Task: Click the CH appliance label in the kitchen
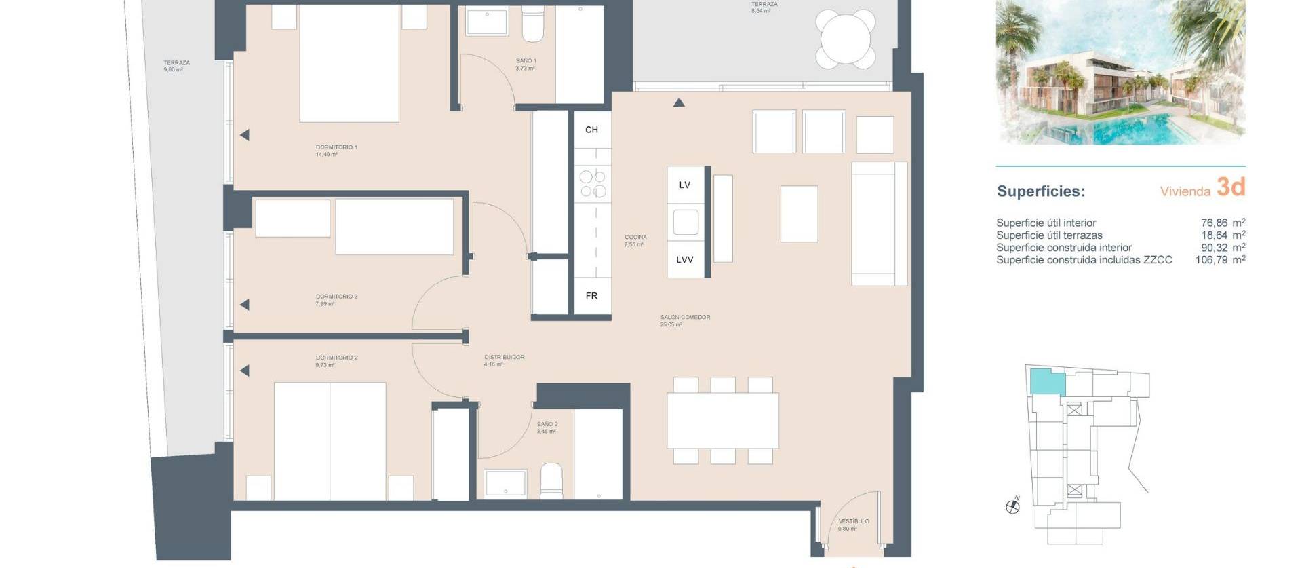pos(591,130)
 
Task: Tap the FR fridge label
pos(591,296)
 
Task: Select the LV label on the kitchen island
pos(684,185)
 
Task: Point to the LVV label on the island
pos(684,259)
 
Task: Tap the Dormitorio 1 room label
pos(336,147)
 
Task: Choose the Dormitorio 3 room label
pos(336,297)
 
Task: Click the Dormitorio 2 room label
pos(336,358)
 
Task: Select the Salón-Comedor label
pos(685,317)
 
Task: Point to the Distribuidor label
pos(504,357)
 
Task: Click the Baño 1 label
pos(526,61)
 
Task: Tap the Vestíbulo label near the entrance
pos(853,521)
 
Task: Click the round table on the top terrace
pos(845,38)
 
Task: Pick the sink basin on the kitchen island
pos(686,222)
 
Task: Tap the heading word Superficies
pos(1040,191)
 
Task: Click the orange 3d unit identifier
pos(1231,187)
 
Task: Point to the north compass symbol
pos(1012,506)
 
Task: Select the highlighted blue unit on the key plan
pos(1046,382)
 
